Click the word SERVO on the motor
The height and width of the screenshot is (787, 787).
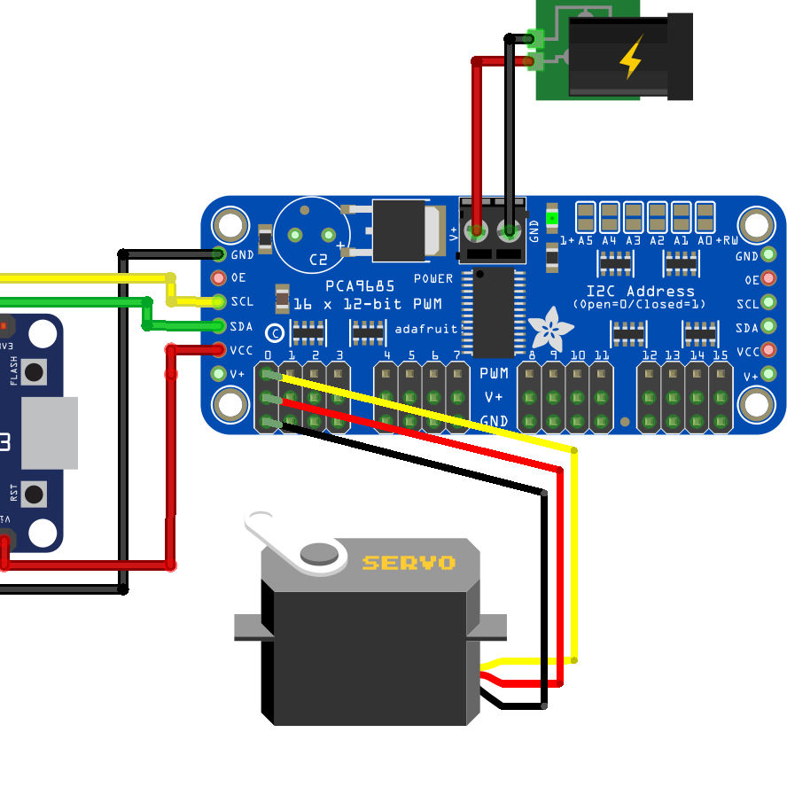(x=409, y=563)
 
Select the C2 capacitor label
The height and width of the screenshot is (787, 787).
(x=317, y=260)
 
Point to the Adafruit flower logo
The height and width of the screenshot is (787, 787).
(x=550, y=329)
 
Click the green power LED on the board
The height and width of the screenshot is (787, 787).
(x=552, y=218)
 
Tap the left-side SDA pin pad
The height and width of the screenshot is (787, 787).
(x=219, y=326)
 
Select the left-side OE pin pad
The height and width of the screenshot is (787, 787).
(x=219, y=277)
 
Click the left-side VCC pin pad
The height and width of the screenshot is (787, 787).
(x=219, y=350)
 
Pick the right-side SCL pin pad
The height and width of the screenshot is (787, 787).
(x=769, y=304)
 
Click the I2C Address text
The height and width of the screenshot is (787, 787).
(x=640, y=291)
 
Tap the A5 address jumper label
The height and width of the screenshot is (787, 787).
(x=585, y=240)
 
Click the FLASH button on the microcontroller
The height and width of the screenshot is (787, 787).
(x=35, y=371)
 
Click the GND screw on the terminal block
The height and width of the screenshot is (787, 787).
(x=510, y=233)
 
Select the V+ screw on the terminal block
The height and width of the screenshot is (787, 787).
(x=477, y=233)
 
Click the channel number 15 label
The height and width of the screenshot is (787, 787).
(x=721, y=355)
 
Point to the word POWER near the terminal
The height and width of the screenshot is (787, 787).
(x=433, y=278)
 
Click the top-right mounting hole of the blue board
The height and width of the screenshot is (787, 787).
(x=757, y=225)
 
